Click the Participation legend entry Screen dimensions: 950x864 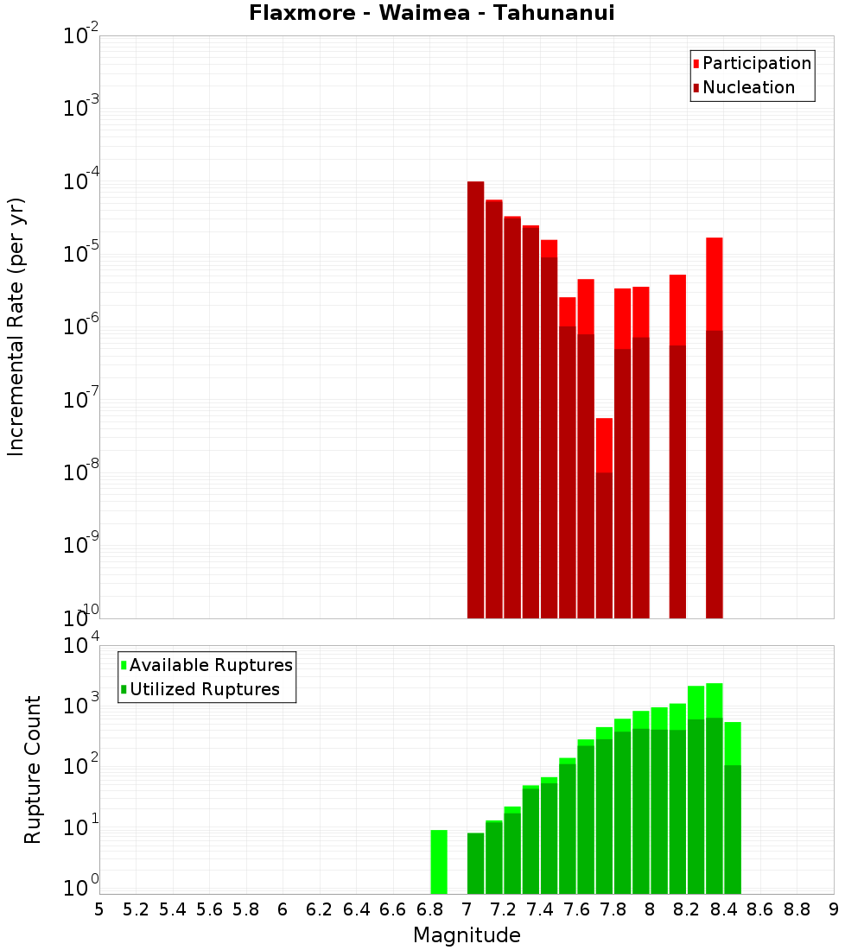(x=756, y=64)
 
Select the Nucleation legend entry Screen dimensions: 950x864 (x=747, y=88)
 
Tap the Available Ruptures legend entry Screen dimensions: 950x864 (x=210, y=665)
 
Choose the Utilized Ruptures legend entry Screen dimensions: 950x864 (x=204, y=689)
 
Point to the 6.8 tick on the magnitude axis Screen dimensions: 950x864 (x=430, y=909)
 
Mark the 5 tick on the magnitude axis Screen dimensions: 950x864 (x=99, y=909)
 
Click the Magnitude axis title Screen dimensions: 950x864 (x=467, y=935)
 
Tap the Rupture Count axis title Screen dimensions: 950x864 (x=33, y=769)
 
